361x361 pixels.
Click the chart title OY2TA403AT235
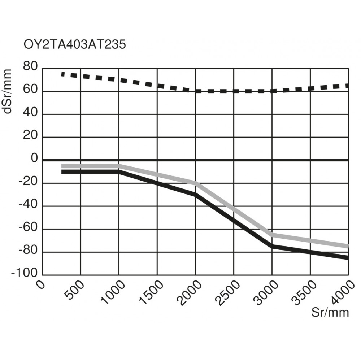pos(75,45)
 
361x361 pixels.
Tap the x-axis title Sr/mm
pos(330,313)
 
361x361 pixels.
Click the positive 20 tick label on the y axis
pos(30,136)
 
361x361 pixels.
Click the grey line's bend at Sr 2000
pos(195,183)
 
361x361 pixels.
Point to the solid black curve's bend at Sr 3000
pos(272,246)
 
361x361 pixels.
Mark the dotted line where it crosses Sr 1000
pos(119,80)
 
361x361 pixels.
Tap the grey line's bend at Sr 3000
pos(272,235)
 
